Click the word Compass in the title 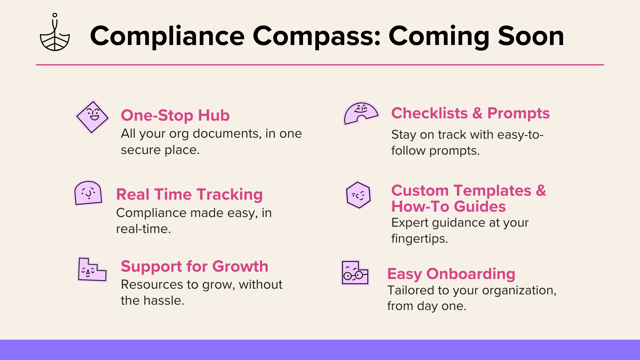click(317, 37)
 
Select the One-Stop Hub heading click(175, 115)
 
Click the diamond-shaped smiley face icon click(92, 117)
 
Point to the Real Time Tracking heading click(189, 195)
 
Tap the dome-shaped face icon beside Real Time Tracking click(88, 193)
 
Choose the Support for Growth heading click(194, 267)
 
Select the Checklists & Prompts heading click(470, 113)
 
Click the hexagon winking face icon click(358, 195)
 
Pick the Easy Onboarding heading click(451, 274)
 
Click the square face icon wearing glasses click(355, 273)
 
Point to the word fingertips click(419, 239)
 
